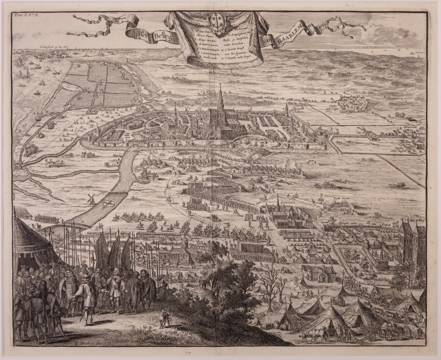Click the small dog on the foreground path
pos(164,323)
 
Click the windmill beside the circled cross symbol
pos(91,199)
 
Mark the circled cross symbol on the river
pos(108,204)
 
